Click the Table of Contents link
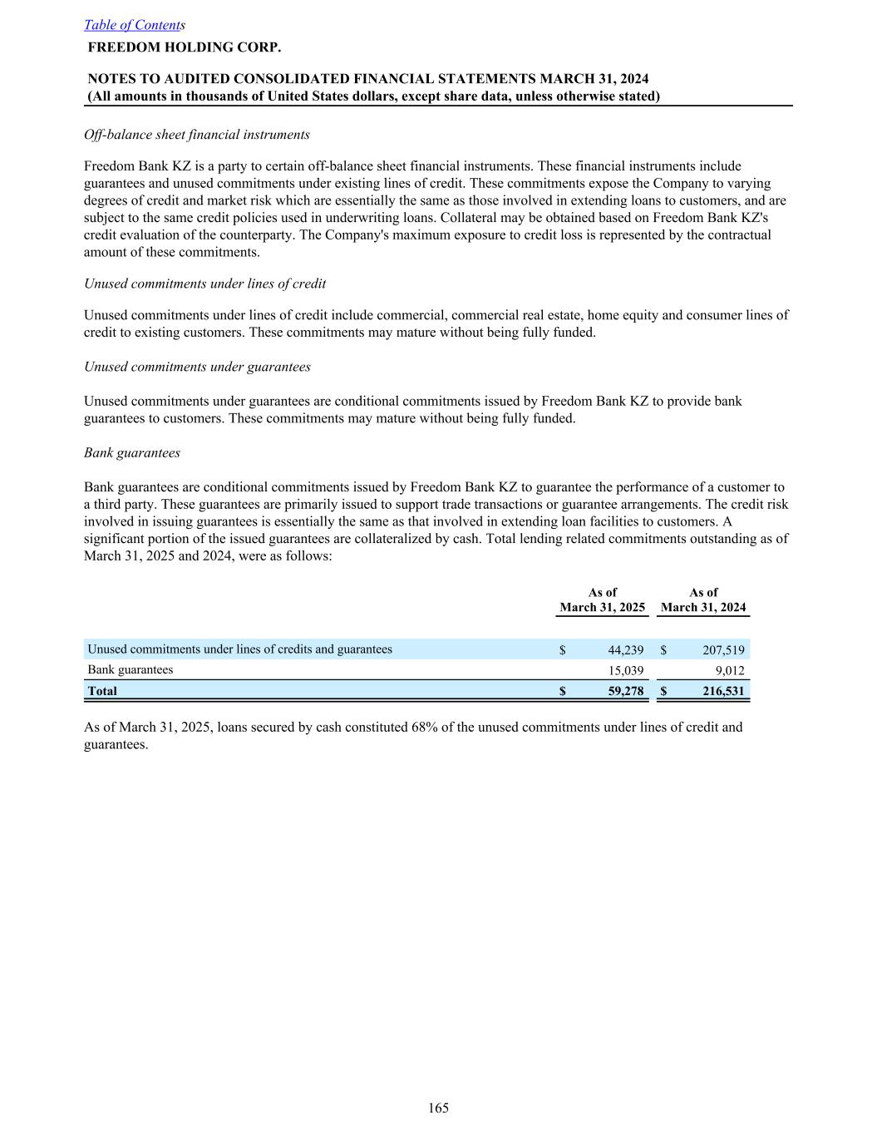133,25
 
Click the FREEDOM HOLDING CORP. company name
185,47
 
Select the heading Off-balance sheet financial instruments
197,135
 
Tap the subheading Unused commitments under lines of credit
204,284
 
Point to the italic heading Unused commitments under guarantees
197,367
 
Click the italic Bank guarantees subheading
132,453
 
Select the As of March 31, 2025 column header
603,600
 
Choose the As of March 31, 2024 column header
703,600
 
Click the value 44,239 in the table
626,650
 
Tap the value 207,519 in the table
723,650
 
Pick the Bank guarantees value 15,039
627,670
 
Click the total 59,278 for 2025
626,691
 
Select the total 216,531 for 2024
723,691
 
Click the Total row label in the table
102,691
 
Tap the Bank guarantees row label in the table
131,669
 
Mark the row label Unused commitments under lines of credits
239,649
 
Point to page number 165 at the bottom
439,1108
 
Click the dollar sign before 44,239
563,650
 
